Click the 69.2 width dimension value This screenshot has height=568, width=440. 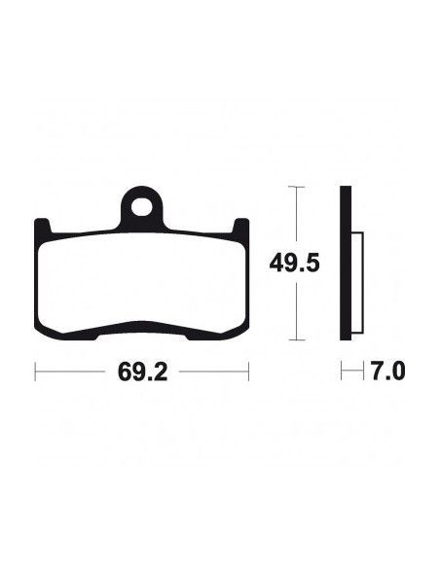[142, 373]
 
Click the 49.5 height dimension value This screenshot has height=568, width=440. [294, 263]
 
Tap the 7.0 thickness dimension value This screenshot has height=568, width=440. [386, 372]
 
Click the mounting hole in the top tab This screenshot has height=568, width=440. [142, 208]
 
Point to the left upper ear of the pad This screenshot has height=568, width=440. [42, 226]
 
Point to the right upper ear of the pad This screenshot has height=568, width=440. [240, 226]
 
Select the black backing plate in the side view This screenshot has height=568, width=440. [346, 264]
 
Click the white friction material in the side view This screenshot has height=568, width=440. [357, 283]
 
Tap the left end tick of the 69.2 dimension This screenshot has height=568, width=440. [35, 372]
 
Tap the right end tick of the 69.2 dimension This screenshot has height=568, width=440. [248, 372]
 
